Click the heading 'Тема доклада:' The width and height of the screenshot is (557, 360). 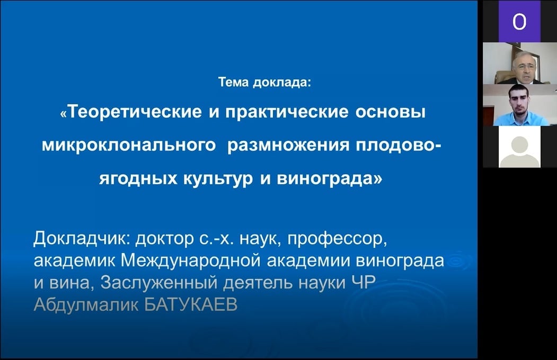[x=264, y=82]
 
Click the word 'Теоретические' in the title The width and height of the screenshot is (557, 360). [x=135, y=112]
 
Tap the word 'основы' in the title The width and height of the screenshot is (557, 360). [x=391, y=112]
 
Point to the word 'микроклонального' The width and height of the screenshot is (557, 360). [x=129, y=146]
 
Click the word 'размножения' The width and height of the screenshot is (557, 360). [x=288, y=146]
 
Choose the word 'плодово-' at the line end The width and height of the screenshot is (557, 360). [x=398, y=146]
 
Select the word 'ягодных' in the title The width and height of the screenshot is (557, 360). [x=138, y=178]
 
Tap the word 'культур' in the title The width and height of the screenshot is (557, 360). [x=218, y=179]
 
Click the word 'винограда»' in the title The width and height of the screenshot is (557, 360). [x=330, y=179]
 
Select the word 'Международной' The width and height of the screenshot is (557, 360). [x=191, y=261]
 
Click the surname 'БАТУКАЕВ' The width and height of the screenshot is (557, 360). [x=191, y=304]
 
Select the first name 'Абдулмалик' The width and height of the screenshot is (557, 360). [x=86, y=304]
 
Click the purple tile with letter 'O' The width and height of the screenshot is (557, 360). [x=519, y=21]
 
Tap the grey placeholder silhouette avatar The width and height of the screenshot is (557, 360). [x=519, y=147]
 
